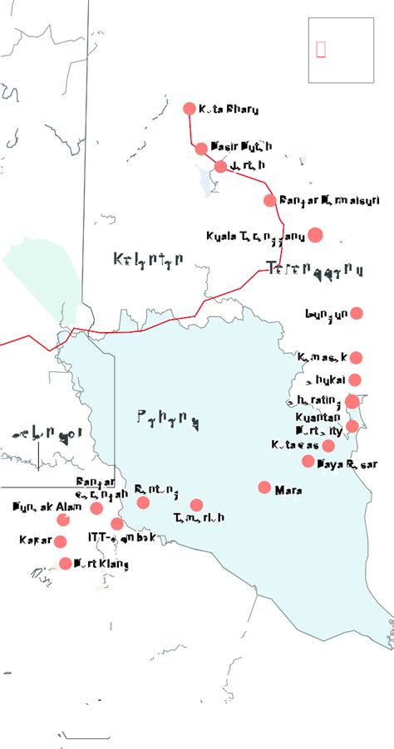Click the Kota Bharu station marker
[189, 109]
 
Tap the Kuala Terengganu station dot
[315, 235]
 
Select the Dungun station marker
[357, 313]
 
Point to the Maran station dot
[265, 487]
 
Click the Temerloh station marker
[196, 505]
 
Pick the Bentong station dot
[144, 502]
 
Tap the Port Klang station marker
[66, 564]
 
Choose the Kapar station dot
[60, 541]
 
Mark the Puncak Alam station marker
[63, 520]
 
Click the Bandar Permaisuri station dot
[270, 200]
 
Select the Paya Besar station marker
[308, 461]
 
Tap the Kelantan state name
[148, 261]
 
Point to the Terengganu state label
[315, 269]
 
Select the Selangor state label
[46, 433]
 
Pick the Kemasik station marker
[356, 358]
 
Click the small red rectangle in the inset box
[321, 50]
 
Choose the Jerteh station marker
[220, 166]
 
